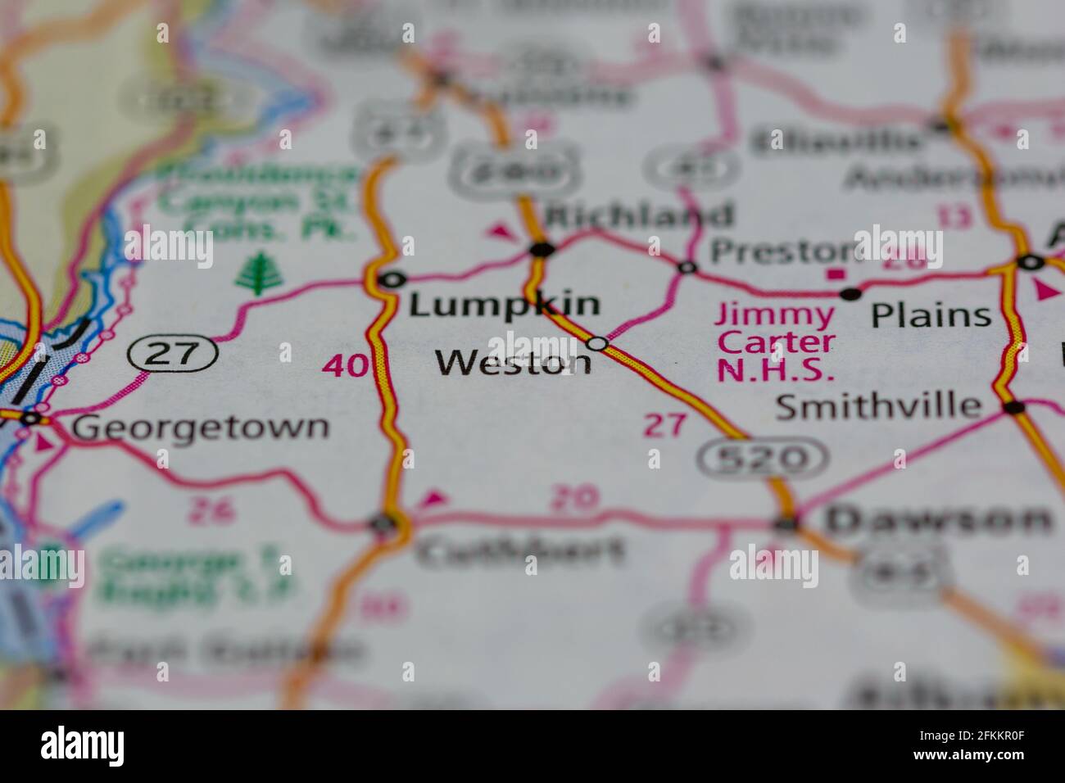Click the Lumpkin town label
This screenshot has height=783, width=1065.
point(504,305)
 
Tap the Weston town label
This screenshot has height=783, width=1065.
point(513,362)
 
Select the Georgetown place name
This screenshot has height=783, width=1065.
point(200,427)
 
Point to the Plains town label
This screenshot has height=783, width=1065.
point(931,315)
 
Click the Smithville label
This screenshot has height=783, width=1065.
point(877,405)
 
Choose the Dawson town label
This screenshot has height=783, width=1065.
point(937,518)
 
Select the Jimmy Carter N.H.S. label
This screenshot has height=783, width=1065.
point(776,342)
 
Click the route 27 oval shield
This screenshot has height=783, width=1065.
point(173,353)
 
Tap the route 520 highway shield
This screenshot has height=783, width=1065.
point(763,458)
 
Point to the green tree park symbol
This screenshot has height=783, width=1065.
point(256,273)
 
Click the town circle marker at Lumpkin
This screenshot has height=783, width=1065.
point(393,279)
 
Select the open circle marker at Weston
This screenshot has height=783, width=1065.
point(598,343)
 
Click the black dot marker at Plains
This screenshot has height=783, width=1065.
point(851,292)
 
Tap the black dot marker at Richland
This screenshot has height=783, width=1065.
point(541,248)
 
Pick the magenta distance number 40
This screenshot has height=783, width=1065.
point(345,365)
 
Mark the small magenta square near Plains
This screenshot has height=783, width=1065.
point(835,274)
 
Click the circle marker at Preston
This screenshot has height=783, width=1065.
point(687,266)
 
